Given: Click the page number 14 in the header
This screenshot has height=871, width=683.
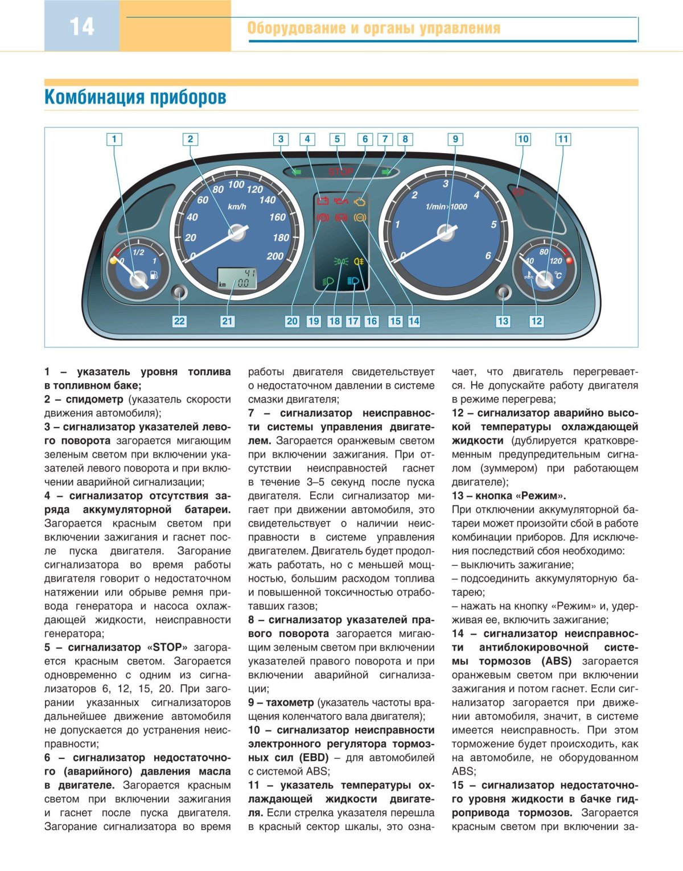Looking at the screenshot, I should coord(82,27).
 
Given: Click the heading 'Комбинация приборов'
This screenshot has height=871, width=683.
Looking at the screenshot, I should coord(135,97).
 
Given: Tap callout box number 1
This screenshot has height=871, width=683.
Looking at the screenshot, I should coord(114,139).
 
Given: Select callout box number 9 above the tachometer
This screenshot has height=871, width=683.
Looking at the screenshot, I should coord(455,139).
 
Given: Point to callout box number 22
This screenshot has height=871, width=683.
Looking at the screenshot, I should coord(179,321).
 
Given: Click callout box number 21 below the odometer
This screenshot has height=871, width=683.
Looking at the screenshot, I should coord(227,321).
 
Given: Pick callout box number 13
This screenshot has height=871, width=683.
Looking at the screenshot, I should coord(503,321).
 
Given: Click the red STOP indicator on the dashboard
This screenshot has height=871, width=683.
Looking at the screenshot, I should coord(340,171).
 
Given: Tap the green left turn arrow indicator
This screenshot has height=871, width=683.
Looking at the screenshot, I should coord(295,171).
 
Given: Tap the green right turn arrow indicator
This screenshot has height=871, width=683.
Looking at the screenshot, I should coord(387,171).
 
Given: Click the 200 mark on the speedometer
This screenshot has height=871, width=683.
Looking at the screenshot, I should coord(275,256).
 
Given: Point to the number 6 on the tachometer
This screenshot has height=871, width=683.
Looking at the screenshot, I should coord(488,256).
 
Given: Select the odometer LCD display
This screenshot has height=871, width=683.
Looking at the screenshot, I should coord(237,278).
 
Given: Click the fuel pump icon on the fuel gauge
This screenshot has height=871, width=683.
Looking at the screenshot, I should coord(154,276).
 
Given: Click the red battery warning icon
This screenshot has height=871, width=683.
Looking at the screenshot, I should coord(323,201).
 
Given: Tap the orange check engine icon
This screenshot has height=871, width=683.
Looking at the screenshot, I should coord(360,202).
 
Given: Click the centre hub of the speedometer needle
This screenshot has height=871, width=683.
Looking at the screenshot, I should coord(235,232).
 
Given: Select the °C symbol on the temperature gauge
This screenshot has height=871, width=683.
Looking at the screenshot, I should coord(558,276).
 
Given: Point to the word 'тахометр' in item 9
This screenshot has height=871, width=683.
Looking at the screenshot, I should coord(290,702).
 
